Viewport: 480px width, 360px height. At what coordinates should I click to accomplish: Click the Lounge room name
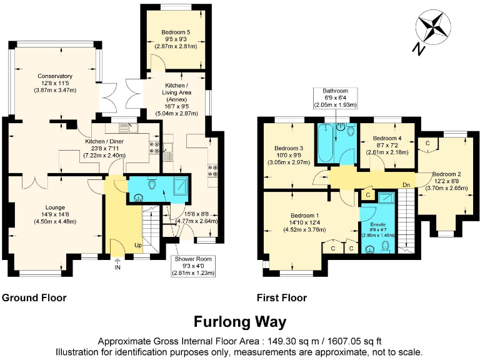pos(55,207)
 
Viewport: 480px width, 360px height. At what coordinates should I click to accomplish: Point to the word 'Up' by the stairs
pos(138,246)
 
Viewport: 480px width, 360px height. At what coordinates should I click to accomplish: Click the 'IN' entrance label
pos(117,267)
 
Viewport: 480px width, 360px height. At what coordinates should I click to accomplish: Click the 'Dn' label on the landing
pos(405,185)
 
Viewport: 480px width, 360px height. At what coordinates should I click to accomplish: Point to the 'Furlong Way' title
pos(239,322)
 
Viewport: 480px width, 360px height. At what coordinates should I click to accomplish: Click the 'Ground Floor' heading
pos(35,298)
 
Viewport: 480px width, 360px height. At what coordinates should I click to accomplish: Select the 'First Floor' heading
pos(280,298)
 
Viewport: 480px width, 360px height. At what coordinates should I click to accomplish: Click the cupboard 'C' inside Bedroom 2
pos(427,143)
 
